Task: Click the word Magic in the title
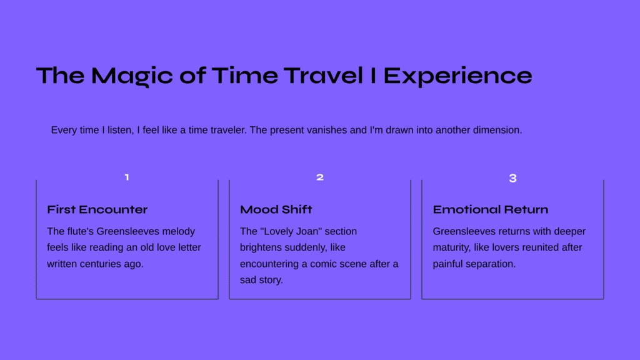point(132,76)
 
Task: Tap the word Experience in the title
point(457,76)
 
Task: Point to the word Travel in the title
point(323,76)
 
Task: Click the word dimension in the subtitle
point(496,130)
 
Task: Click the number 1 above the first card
point(127,177)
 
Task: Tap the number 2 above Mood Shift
point(320,177)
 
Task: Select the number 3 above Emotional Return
point(513,178)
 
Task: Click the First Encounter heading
point(97,209)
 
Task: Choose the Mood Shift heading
point(276,209)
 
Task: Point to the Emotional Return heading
point(491,209)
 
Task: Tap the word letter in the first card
point(189,247)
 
